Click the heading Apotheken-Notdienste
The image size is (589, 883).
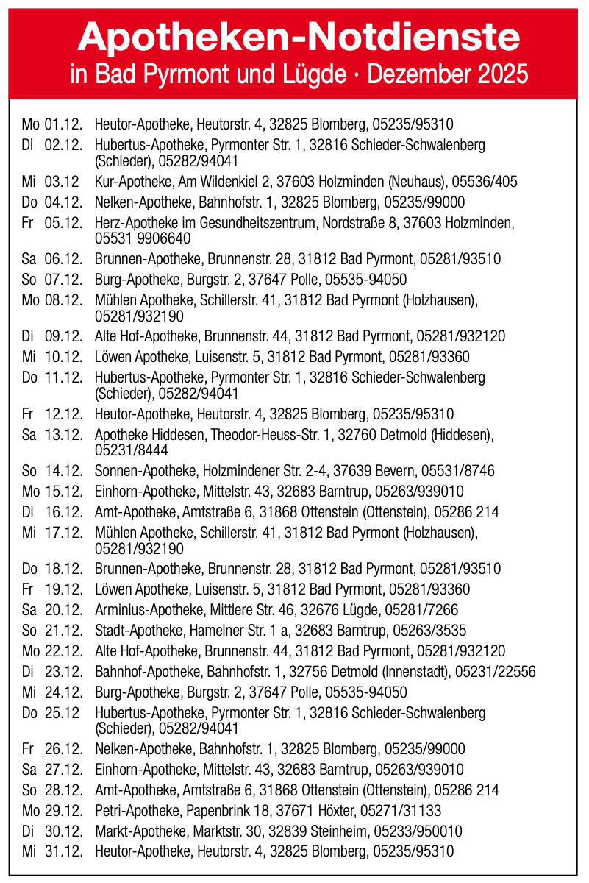pyautogui.click(x=298, y=36)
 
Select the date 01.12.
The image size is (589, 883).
pyautogui.click(x=63, y=124)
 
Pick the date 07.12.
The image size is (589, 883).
pyautogui.click(x=63, y=280)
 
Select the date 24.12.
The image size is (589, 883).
pyautogui.click(x=63, y=692)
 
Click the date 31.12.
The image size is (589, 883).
pyautogui.click(x=63, y=852)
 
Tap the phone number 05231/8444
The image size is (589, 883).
pyautogui.click(x=121, y=449)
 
